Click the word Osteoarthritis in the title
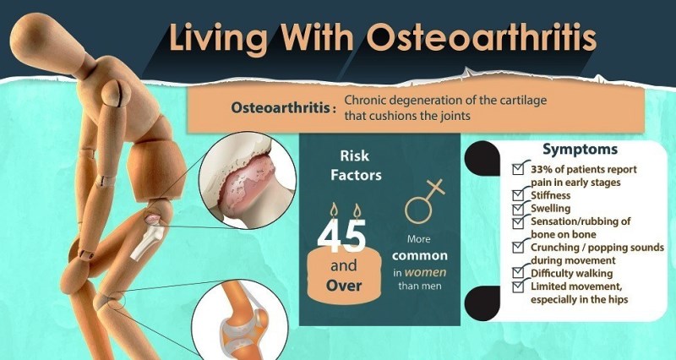coord(482,38)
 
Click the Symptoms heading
coord(580,150)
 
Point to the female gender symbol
coord(424,201)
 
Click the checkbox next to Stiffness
coord(518,195)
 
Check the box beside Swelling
coord(518,209)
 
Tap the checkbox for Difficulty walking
coord(518,273)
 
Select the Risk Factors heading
coord(356,165)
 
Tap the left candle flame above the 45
coord(333,210)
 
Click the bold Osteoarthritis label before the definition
coord(281,108)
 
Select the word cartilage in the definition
coord(524,100)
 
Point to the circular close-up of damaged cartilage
coord(248,181)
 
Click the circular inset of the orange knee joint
coord(240,321)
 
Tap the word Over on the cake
coord(344,286)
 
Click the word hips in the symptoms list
coord(618,300)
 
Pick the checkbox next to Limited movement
coord(518,286)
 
